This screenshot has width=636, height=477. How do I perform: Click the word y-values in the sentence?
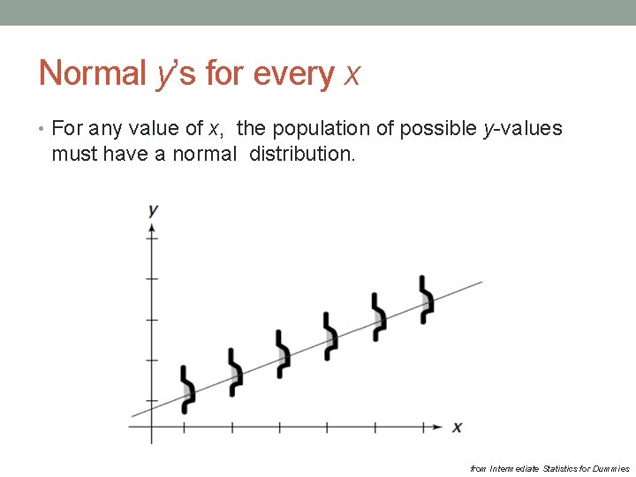click(522, 129)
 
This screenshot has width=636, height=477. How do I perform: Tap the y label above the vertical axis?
click(153, 210)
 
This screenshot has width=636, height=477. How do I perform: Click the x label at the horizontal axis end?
click(457, 428)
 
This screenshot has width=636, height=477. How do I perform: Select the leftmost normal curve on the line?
click(186, 389)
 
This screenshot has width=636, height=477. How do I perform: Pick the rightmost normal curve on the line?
click(426, 299)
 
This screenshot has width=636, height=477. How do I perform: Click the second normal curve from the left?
click(235, 372)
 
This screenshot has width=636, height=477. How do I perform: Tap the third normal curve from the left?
click(283, 354)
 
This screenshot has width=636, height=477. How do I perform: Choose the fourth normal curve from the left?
click(330, 336)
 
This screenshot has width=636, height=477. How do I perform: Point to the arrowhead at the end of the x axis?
click(437, 428)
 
